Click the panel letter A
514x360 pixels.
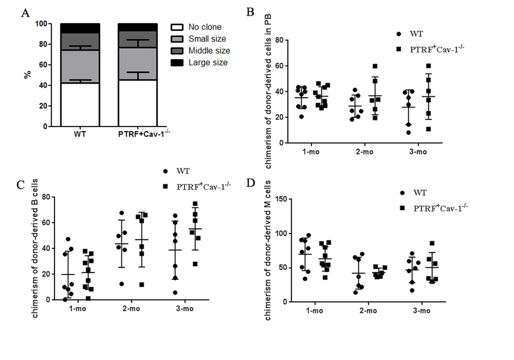click(x=25, y=14)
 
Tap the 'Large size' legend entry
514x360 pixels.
click(x=207, y=63)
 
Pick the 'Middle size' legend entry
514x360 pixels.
click(x=209, y=50)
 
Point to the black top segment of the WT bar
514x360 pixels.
click(x=80, y=28)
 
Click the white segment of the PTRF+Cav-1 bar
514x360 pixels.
click(x=138, y=103)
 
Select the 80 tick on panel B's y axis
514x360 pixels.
click(x=277, y=40)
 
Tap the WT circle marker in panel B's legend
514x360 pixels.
click(x=399, y=34)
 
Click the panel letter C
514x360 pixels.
click(x=21, y=184)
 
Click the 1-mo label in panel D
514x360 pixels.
click(x=315, y=311)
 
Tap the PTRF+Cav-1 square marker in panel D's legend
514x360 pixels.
click(x=401, y=208)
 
